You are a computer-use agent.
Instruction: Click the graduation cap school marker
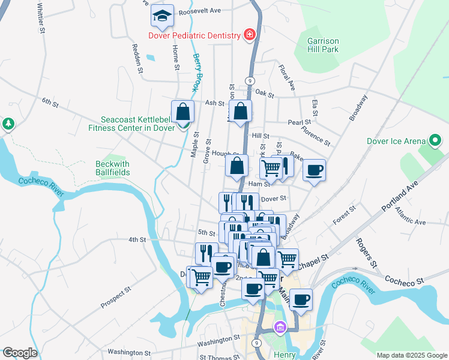162,16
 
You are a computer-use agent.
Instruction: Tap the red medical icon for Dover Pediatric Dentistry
249,35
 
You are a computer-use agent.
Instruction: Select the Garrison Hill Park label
323,46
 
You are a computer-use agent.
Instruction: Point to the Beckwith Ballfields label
112,168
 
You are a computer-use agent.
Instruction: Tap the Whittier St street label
40,17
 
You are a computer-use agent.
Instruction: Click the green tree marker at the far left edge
8,124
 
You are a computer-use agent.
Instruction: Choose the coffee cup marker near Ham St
314,171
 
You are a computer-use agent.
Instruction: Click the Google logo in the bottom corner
19,353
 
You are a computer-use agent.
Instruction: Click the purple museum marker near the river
279,328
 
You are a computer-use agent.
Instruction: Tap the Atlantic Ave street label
411,221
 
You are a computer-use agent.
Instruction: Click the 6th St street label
50,103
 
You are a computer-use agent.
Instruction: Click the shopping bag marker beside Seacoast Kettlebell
182,112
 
